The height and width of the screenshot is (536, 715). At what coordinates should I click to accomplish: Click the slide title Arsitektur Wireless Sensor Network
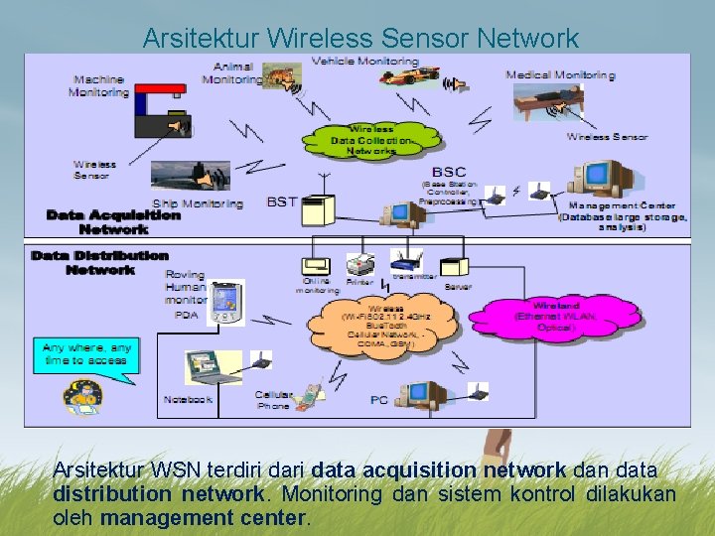pyautogui.click(x=359, y=39)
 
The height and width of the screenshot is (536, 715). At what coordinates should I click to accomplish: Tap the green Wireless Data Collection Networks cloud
pyautogui.click(x=371, y=140)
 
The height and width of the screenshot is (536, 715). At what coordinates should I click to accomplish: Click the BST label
pyautogui.click(x=282, y=201)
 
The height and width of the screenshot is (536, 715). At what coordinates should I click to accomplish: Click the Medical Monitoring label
pyautogui.click(x=560, y=74)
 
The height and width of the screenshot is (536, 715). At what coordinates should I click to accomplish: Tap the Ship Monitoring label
pyautogui.click(x=198, y=203)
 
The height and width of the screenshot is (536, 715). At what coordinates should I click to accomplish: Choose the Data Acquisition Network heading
pyautogui.click(x=113, y=221)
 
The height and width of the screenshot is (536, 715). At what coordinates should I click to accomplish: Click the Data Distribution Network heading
pyautogui.click(x=99, y=262)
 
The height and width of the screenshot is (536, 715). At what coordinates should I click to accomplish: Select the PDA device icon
pyautogui.click(x=226, y=302)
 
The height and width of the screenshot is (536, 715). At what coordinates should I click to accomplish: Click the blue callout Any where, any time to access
pyautogui.click(x=86, y=354)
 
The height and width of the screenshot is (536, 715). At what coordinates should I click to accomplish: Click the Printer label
pyautogui.click(x=360, y=281)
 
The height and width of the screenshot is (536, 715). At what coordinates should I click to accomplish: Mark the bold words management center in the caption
pyautogui.click(x=205, y=517)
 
